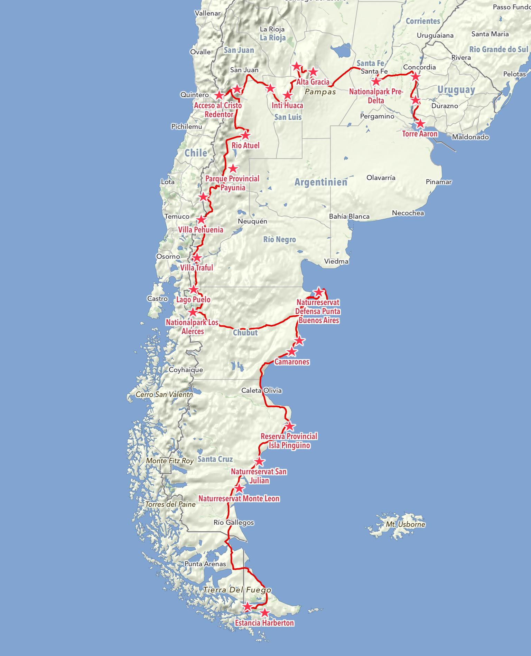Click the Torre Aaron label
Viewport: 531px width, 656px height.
coord(420,134)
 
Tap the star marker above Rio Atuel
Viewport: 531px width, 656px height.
coord(245,135)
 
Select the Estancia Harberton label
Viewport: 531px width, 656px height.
coord(264,623)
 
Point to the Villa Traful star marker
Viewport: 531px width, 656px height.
coord(196,258)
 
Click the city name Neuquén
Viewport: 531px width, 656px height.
coord(252,221)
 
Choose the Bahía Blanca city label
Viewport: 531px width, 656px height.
coord(349,216)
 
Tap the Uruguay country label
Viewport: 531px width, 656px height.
coord(456,90)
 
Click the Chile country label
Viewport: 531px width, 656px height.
coord(196,153)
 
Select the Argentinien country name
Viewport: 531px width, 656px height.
coord(321,182)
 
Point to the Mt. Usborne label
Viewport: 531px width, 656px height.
coord(406,524)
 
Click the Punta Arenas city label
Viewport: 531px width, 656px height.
coord(205,564)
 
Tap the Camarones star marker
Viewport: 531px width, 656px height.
coord(292,352)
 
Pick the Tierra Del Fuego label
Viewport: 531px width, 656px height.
coord(237,590)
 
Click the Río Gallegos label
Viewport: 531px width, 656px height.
coord(234,522)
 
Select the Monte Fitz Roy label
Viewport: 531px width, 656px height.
coord(170,460)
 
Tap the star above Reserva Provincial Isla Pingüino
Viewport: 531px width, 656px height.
coord(290,426)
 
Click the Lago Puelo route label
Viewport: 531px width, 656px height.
coord(193,300)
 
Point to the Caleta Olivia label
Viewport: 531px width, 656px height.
coord(261,390)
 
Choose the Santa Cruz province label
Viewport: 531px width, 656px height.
coord(215,459)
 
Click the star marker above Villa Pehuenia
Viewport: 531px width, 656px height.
coord(201,220)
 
